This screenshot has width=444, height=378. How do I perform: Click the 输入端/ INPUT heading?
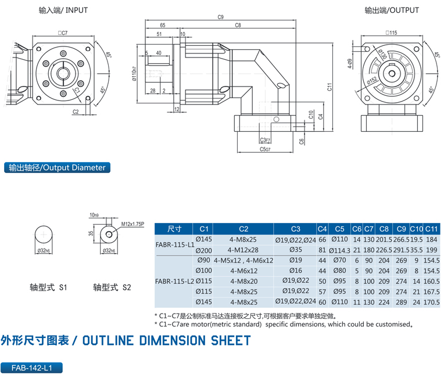click(63, 10)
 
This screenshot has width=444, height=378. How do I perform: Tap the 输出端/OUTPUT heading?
click(392, 10)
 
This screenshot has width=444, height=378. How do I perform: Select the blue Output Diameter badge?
click(56, 168)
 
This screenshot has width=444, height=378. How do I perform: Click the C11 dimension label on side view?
click(329, 88)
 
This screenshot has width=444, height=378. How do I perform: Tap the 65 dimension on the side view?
click(162, 26)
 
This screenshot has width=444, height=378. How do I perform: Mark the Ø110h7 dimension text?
click(134, 75)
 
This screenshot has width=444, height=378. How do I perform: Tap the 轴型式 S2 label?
click(112, 287)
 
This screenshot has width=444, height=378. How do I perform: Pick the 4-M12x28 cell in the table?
click(243, 250)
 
